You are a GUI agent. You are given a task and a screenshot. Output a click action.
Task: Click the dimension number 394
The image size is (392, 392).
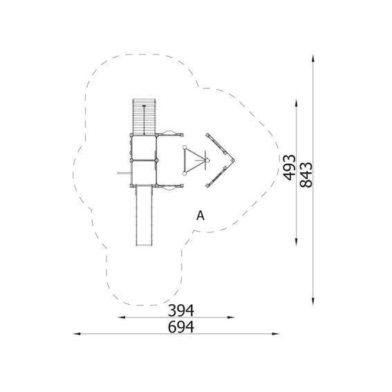[180, 310]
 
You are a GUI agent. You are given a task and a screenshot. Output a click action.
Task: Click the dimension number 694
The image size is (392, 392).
[180, 327]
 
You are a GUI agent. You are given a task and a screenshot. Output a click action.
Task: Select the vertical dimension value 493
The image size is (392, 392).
[290, 167]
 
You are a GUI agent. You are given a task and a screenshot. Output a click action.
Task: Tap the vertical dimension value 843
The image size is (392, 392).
[306, 175]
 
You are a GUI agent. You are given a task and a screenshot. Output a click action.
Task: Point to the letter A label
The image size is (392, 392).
[200, 216]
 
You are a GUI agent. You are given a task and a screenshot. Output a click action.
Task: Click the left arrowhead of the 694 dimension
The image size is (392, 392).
[77, 334]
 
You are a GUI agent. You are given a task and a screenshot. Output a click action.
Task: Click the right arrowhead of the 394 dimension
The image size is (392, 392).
[231, 317]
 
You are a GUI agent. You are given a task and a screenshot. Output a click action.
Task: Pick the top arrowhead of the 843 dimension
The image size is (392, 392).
[313, 58]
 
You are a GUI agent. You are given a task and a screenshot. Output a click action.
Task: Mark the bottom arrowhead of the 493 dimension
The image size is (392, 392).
[297, 242]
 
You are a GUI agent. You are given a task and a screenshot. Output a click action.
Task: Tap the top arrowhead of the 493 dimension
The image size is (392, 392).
[297, 103]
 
